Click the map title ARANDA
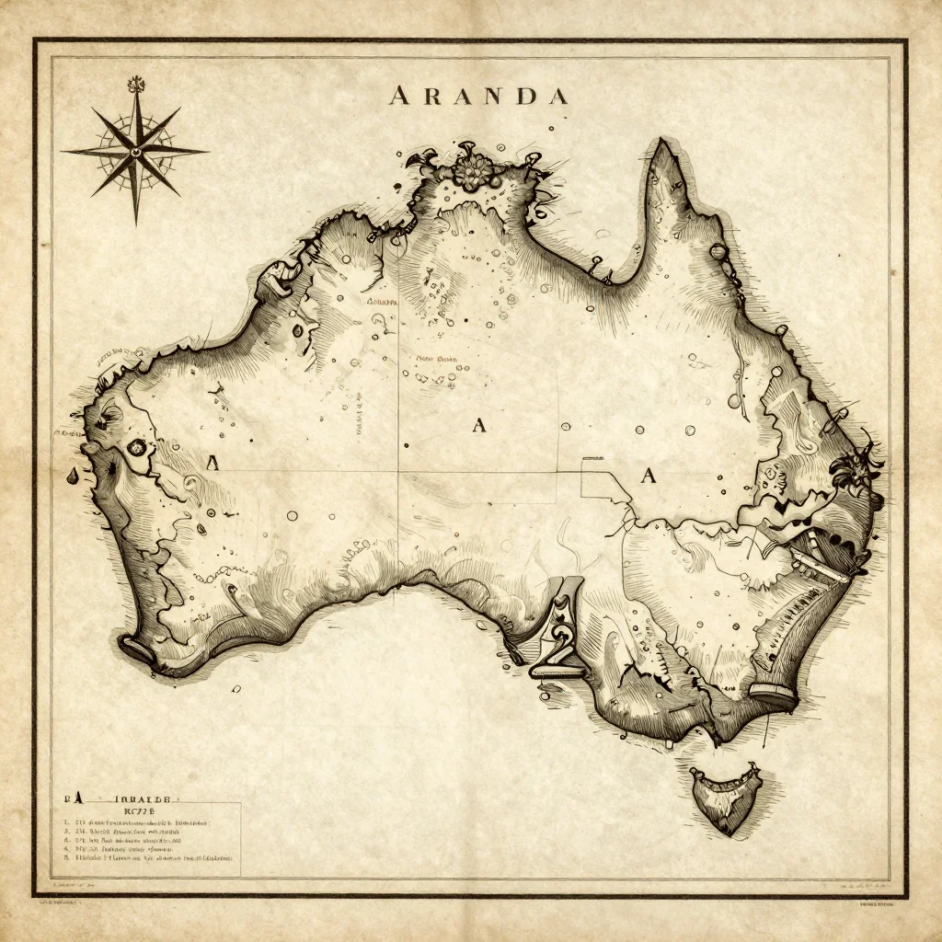pyautogui.click(x=477, y=96)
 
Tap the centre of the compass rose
pyautogui.click(x=136, y=149)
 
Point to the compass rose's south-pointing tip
pyautogui.click(x=137, y=224)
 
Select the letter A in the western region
pyautogui.click(x=213, y=463)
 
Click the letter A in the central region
pyautogui.click(x=478, y=424)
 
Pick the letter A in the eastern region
pyautogui.click(x=649, y=476)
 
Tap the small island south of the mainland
pyautogui.click(x=726, y=798)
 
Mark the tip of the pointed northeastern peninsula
pyautogui.click(x=660, y=143)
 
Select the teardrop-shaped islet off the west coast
pyautogui.click(x=72, y=475)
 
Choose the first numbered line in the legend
pyautogui.click(x=138, y=823)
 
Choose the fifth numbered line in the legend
pyautogui.click(x=147, y=856)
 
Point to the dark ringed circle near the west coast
pyautogui.click(x=137, y=448)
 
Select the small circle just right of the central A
pyautogui.click(x=565, y=427)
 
